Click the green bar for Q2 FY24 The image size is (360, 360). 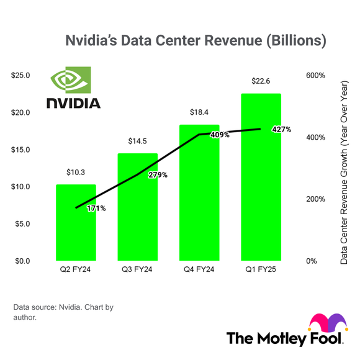tap(76, 223)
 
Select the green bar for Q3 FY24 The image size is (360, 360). tap(138, 207)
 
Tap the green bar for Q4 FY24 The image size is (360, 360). tap(199, 193)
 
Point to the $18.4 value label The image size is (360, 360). tap(199, 113)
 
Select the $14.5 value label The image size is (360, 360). tap(138, 142)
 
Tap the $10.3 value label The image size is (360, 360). tap(76, 172)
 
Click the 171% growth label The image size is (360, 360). tap(96, 209)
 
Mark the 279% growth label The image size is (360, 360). tap(158, 175)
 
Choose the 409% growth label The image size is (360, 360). tap(220, 133)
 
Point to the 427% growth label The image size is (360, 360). tap(281, 129)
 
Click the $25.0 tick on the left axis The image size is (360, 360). tap(20, 76)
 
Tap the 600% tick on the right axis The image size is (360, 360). tap(315, 76)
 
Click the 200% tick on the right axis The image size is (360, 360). tap(315, 199)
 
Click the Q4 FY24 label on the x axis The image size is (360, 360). tap(199, 270)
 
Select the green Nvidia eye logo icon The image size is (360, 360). tap(70, 80)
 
